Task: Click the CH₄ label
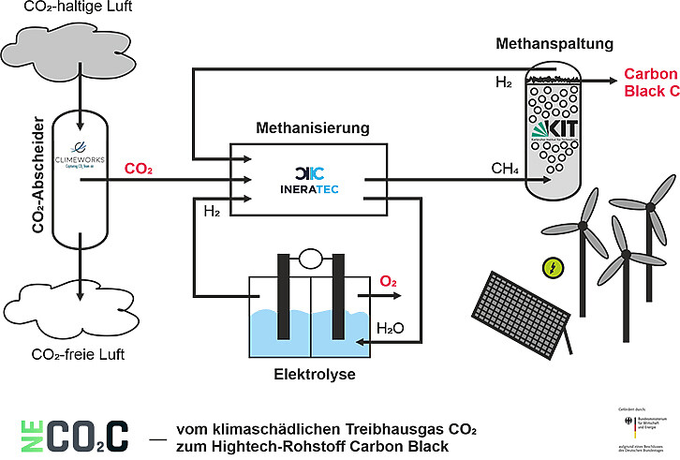coord(507,169)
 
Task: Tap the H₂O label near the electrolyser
coord(391,328)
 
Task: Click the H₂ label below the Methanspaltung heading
coord(504,82)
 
